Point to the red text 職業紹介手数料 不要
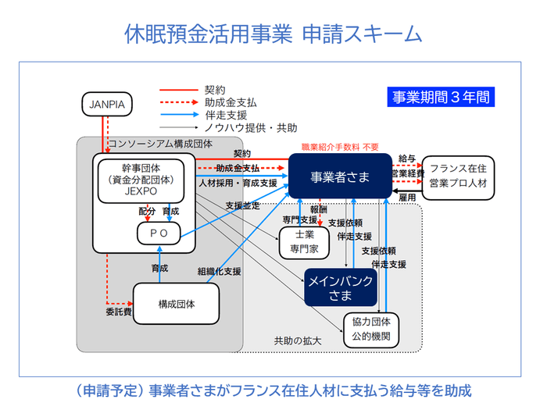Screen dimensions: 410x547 click(x=340, y=147)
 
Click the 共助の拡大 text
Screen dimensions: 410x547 click(x=297, y=341)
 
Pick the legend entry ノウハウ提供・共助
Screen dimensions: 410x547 click(x=250, y=127)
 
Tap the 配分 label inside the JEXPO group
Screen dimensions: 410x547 click(x=146, y=211)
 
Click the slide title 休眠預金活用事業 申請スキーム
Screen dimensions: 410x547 click(x=273, y=34)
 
